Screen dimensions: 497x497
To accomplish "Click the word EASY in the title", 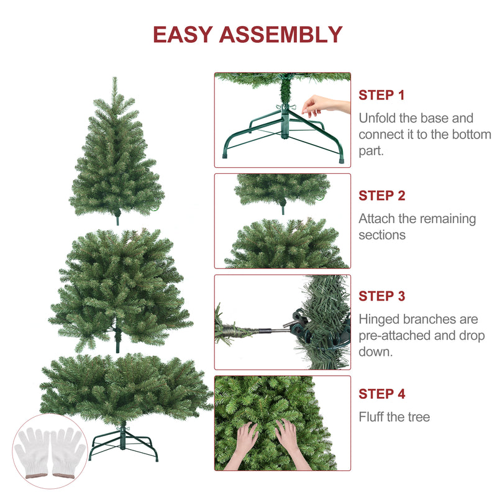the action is point(183,34).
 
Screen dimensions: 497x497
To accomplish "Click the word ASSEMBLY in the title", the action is point(281,34).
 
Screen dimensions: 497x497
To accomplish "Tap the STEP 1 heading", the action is point(381,95).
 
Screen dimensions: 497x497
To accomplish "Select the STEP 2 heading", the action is point(382,196).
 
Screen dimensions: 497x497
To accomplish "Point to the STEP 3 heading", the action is point(382,296).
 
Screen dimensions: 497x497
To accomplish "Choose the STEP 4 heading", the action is point(382,394).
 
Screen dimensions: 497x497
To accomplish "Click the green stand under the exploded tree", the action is point(123,442).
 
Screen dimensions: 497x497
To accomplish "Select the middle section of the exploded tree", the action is point(120,290).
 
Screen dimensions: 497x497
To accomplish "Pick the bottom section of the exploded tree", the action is point(125,388).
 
